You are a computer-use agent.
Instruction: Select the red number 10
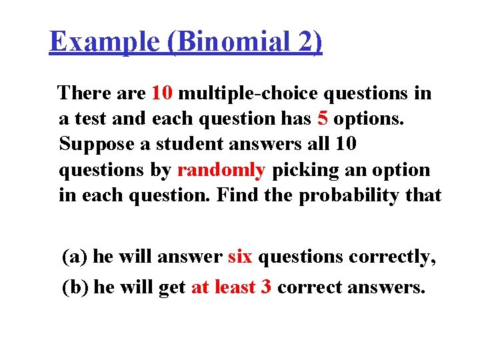[x=162, y=93]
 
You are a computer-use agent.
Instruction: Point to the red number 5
[x=323, y=119]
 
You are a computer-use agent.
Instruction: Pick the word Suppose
[x=97, y=145]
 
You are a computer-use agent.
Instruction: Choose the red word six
[x=240, y=256]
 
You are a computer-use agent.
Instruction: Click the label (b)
[x=75, y=287]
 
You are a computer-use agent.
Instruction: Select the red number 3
[x=265, y=287]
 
